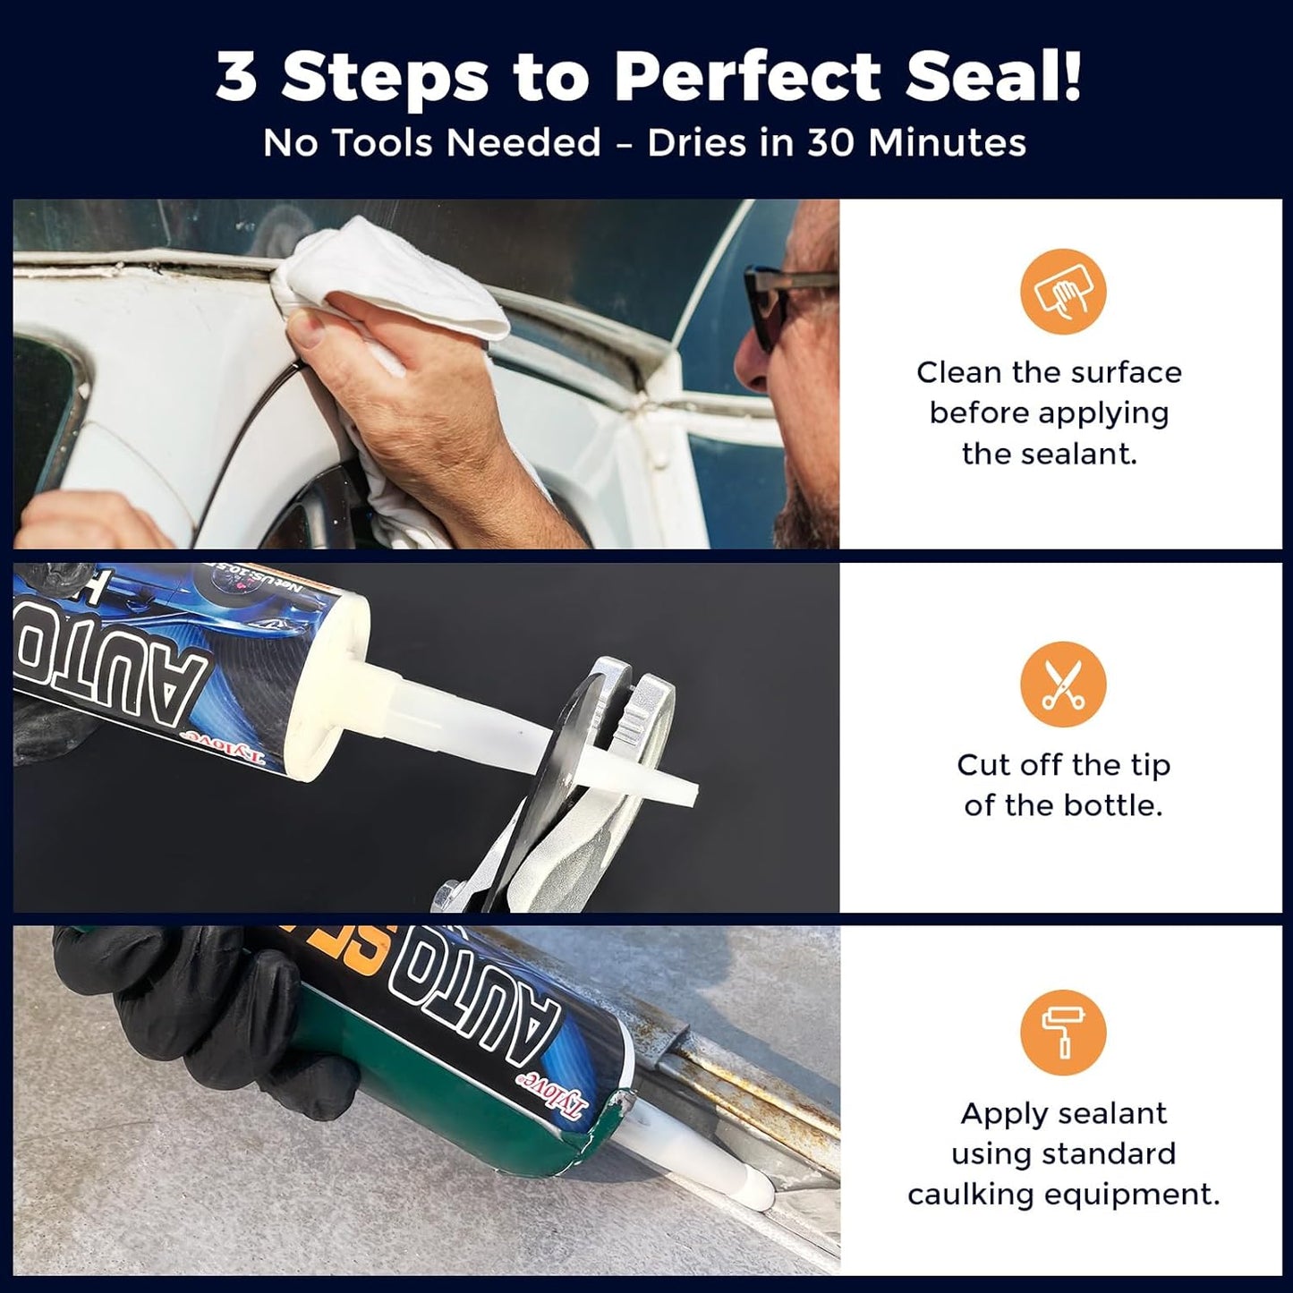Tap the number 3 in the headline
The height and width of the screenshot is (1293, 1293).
236,78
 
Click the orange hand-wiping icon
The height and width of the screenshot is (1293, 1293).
1063,292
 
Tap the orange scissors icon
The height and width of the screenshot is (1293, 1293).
1063,685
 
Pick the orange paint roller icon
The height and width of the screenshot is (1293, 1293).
1063,1033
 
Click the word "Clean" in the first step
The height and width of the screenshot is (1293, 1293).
958,372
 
